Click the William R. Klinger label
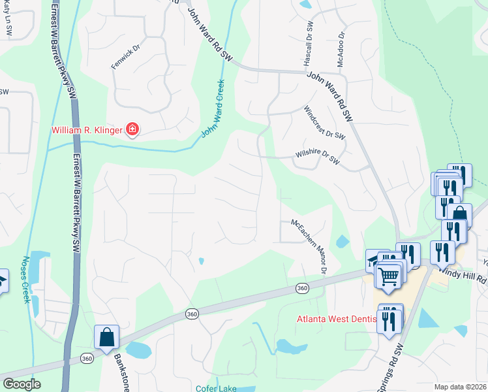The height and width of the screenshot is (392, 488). click(x=87, y=131)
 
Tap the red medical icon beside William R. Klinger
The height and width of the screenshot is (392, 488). click(x=132, y=130)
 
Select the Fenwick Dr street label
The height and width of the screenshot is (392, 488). click(x=127, y=57)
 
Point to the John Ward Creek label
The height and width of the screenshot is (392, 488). click(x=213, y=108)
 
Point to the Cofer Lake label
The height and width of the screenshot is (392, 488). click(x=215, y=387)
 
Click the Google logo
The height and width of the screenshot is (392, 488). click(x=22, y=384)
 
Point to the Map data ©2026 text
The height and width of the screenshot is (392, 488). click(x=461, y=387)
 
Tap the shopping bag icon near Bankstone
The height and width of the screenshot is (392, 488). click(x=106, y=338)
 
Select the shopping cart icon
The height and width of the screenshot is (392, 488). click(x=389, y=276)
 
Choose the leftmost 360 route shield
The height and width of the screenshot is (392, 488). click(x=86, y=358)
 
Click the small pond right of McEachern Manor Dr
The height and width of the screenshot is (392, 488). click(x=343, y=242)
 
